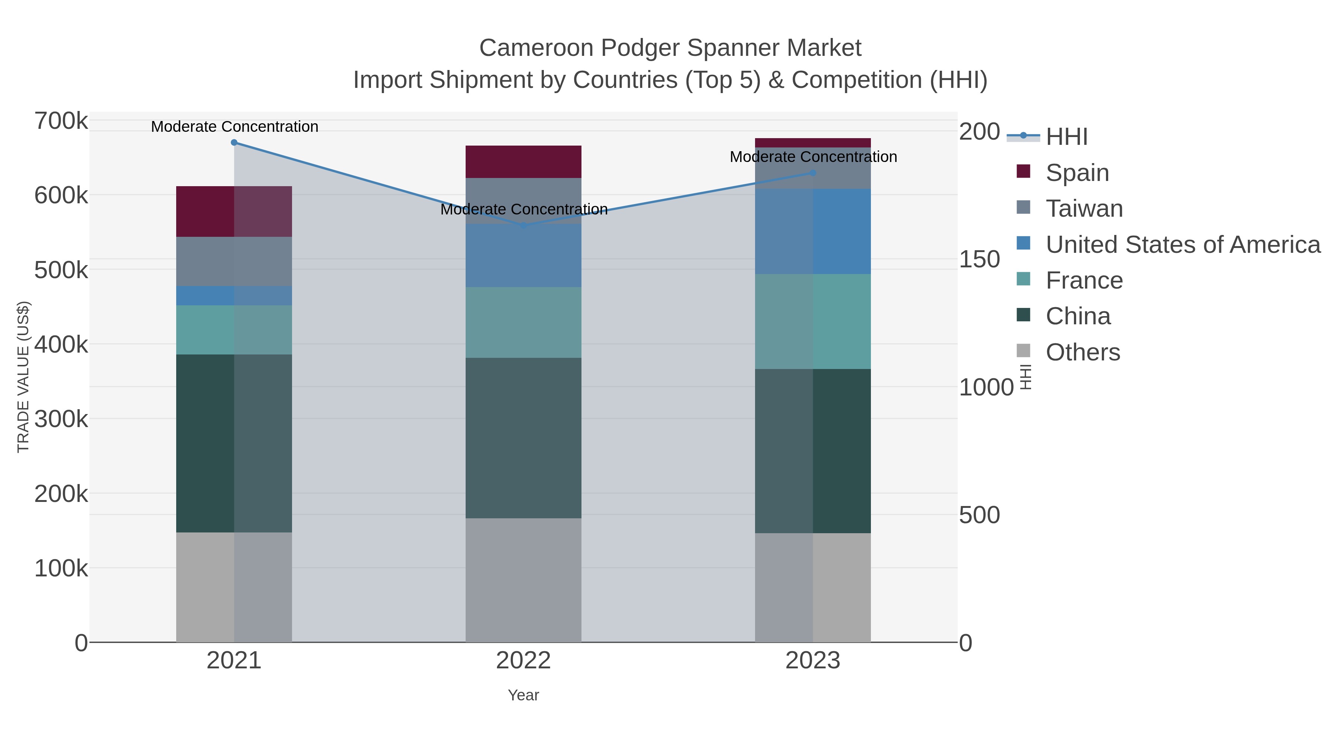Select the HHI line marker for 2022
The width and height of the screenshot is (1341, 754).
(524, 225)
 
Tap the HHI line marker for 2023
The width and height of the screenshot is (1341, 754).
(813, 173)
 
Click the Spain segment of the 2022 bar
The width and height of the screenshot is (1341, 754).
(523, 162)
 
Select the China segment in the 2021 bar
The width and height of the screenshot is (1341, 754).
(205, 443)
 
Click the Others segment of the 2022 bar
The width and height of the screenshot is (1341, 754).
(523, 580)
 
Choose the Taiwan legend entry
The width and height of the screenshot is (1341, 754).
(1084, 208)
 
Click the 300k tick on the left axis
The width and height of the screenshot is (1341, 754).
(61, 419)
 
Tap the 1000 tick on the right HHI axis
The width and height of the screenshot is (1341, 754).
(985, 387)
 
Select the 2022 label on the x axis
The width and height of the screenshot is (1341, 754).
(523, 660)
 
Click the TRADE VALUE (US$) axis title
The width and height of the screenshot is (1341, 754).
(23, 377)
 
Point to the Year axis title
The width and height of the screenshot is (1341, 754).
(523, 695)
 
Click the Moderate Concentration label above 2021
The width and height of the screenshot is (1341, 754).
(234, 127)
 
